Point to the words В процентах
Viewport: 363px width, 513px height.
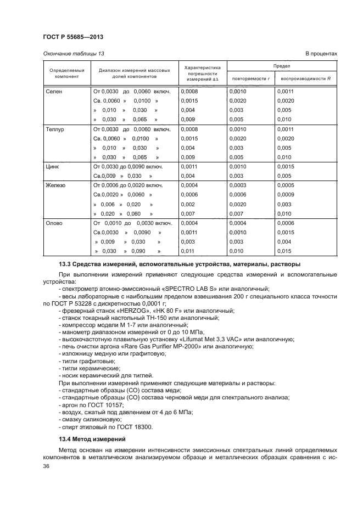[321, 53]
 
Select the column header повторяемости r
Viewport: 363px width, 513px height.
[250, 79]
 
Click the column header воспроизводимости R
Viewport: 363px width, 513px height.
[305, 79]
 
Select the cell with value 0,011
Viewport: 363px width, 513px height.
[188, 251]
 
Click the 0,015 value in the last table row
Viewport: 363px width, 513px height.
[284, 251]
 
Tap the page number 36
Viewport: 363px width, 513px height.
[47, 465]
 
